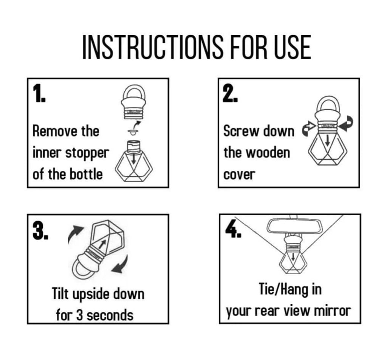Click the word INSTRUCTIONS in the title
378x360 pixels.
[153, 47]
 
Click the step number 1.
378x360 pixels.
[39, 94]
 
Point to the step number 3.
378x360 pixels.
[40, 231]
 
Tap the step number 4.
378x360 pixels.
[233, 229]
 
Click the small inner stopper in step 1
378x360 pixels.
[133, 132]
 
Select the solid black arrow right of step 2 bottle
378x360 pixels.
[346, 124]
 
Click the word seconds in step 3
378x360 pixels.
[110, 315]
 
